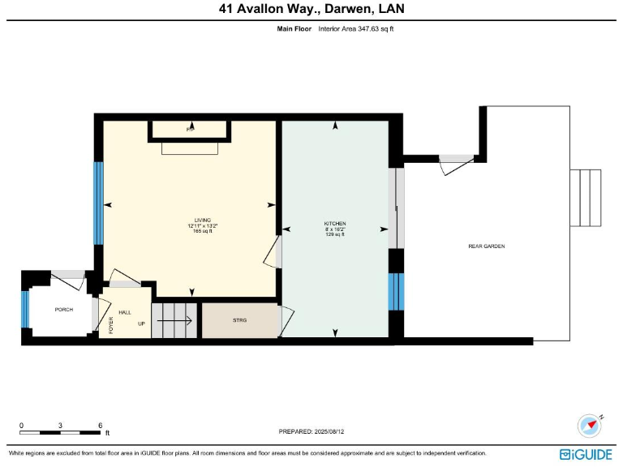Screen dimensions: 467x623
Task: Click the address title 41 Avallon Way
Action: pos(311,9)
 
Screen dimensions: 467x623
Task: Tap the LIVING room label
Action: pos(202,221)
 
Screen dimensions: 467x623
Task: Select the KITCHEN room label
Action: pos(335,223)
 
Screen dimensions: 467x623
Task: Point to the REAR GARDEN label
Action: pos(487,246)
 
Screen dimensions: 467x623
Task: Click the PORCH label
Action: pos(63,310)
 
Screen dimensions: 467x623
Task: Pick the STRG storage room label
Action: pos(239,320)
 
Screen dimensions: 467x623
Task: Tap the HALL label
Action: pos(125,312)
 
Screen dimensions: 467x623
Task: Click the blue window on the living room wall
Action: pos(98,203)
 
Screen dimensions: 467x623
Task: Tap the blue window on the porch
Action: pos(25,309)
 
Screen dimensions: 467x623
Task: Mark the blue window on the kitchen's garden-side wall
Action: pos(396,291)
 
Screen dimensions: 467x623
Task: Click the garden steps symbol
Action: pos(586,198)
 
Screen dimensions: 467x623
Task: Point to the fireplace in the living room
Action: pos(190,130)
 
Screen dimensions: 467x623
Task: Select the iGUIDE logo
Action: pos(587,454)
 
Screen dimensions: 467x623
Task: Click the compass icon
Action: pos(588,425)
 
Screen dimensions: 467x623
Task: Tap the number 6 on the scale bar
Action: pos(99,426)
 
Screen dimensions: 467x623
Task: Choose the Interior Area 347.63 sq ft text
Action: pos(356,28)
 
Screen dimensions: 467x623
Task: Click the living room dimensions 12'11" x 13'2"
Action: pos(202,226)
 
